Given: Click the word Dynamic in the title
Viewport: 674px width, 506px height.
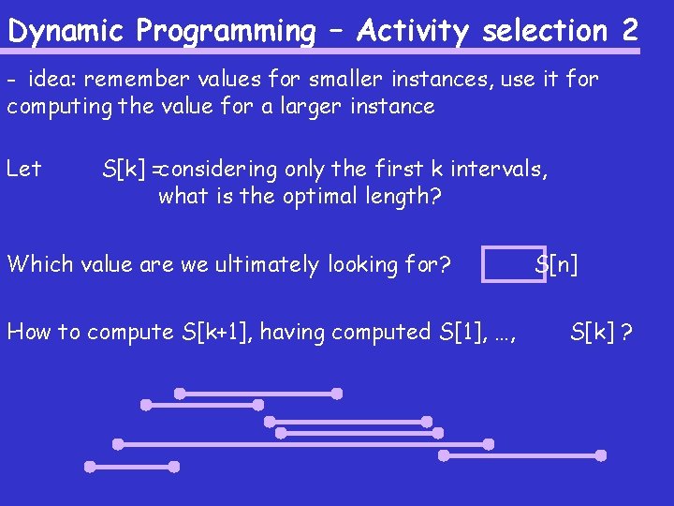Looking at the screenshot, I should pos(66,31).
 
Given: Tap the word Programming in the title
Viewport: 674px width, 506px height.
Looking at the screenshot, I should pos(226,31).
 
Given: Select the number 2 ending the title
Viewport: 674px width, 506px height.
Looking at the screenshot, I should pos(628,30).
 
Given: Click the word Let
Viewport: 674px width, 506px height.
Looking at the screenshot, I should pos(23,169).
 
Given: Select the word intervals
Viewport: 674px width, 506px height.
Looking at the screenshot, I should pos(499,169).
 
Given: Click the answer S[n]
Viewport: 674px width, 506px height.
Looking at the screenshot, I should pos(557,264).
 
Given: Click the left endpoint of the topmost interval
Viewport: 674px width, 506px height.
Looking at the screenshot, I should pos(179,394).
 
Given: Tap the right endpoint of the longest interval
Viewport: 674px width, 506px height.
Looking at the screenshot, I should pos(488,443).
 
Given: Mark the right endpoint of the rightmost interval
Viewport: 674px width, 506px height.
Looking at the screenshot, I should pos(601,455).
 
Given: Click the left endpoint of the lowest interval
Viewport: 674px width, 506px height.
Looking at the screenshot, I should pos(90,466).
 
